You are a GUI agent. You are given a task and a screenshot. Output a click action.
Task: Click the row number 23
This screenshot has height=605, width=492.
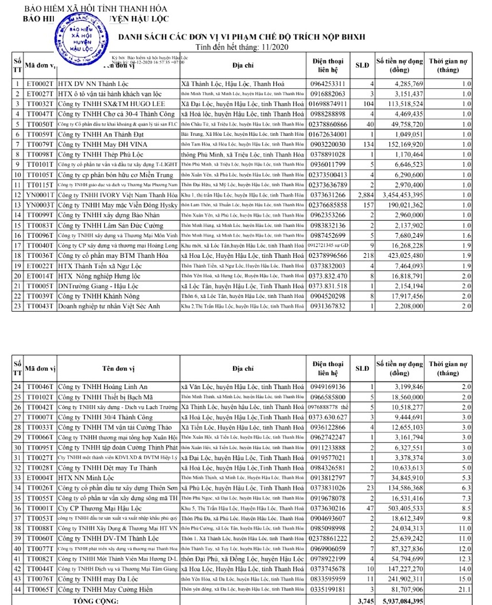17,306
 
